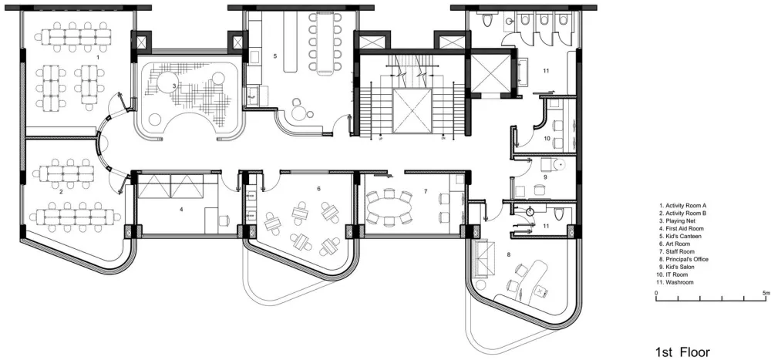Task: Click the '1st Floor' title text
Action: click(x=682, y=338)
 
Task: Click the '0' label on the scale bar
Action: click(x=656, y=293)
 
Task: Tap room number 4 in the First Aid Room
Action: click(x=181, y=210)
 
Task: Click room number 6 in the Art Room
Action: click(x=318, y=188)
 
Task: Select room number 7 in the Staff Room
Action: click(x=426, y=190)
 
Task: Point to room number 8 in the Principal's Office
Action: click(x=509, y=254)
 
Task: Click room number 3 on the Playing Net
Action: click(x=174, y=86)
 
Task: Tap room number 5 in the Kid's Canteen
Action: click(x=275, y=56)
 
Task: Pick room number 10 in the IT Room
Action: click(x=547, y=138)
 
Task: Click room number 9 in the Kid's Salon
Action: click(x=545, y=176)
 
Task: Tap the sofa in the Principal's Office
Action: click(x=480, y=258)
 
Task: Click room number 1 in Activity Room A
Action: click(x=98, y=57)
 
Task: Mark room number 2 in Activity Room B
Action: click(x=61, y=192)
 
